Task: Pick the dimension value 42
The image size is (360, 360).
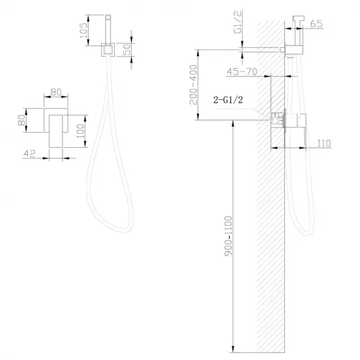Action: (28, 153)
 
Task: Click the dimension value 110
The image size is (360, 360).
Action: (325, 143)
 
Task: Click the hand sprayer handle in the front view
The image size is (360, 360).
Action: (107, 28)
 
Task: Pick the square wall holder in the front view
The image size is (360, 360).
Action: (107, 49)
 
